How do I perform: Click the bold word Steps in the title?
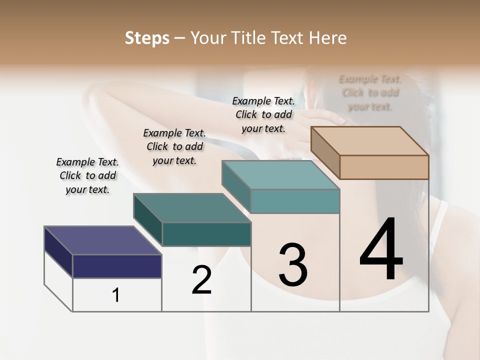(x=147, y=38)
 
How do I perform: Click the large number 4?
(x=381, y=249)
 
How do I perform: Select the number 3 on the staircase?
(x=293, y=265)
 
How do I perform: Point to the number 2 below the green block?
(x=202, y=280)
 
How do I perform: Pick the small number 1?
(x=115, y=295)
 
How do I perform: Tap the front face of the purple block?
(x=117, y=266)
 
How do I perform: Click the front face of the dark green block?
(x=206, y=234)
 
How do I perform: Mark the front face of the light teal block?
(x=295, y=201)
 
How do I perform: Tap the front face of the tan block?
(x=384, y=167)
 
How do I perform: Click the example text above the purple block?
(x=87, y=175)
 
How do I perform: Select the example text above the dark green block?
(x=174, y=146)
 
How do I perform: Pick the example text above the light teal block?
(x=263, y=114)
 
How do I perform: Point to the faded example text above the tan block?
(x=370, y=92)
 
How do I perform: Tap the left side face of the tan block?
(x=325, y=153)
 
